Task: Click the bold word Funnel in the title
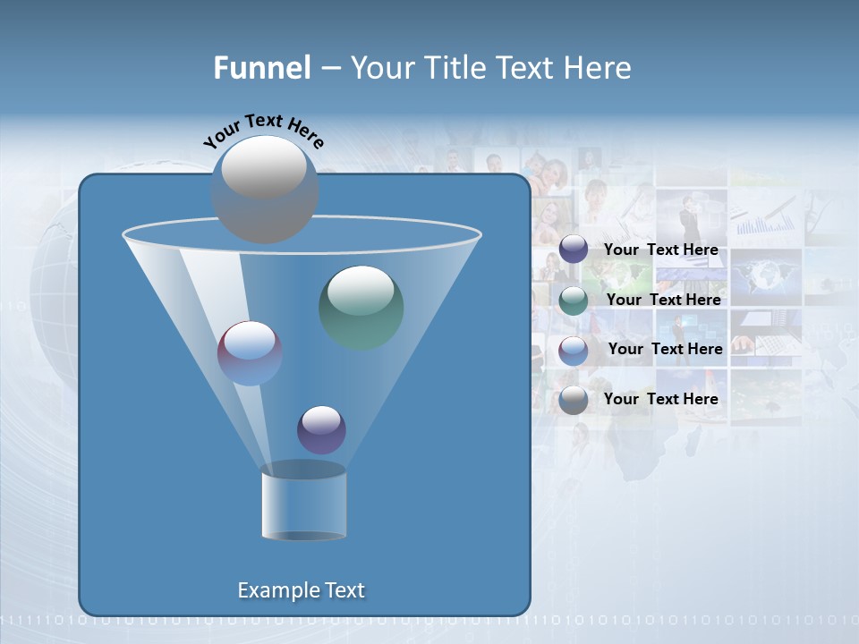point(261,68)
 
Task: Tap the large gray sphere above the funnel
point(264,190)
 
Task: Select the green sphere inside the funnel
point(361,307)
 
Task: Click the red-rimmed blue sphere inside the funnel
point(250,353)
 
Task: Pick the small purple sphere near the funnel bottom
point(321,429)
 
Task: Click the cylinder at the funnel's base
point(303,503)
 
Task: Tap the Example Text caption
point(301,590)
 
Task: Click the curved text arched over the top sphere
point(263,129)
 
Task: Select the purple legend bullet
point(574,250)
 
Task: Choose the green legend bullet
point(574,300)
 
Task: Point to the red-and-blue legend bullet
point(574,350)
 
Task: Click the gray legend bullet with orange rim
point(574,400)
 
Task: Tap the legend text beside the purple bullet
point(660,250)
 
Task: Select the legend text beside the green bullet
point(663,300)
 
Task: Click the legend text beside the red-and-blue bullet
point(665,349)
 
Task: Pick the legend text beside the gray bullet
point(660,399)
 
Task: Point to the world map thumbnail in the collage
point(765,274)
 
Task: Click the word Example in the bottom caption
point(276,590)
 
